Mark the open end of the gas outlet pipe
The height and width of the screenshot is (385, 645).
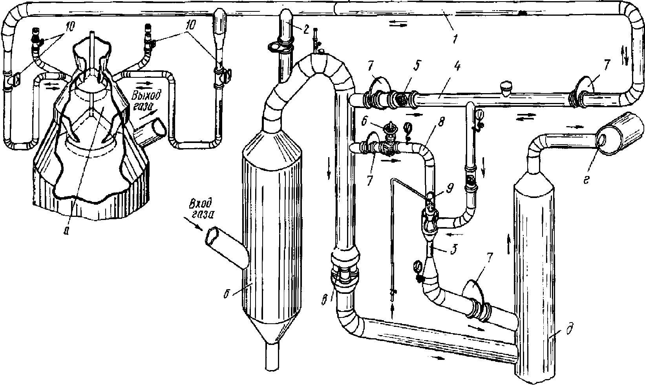(x=159, y=127)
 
